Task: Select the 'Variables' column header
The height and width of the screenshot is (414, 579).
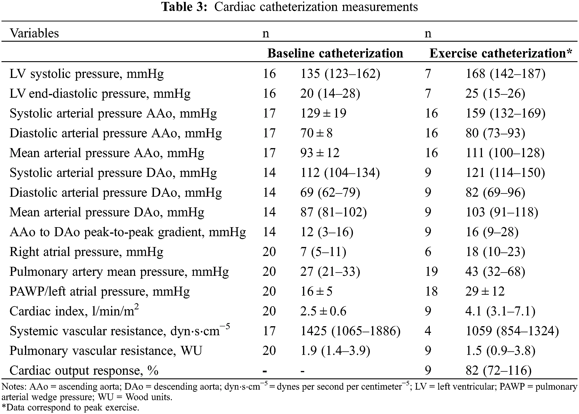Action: click(34, 33)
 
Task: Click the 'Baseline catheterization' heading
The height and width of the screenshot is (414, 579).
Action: click(335, 53)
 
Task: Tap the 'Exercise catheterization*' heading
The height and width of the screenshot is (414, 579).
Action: click(500, 53)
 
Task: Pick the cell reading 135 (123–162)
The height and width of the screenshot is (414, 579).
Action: click(340, 74)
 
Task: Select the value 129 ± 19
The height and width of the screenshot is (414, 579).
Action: click(323, 113)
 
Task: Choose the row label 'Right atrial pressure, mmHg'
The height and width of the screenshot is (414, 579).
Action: click(86, 252)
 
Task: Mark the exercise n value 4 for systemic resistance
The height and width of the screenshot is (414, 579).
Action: click(428, 331)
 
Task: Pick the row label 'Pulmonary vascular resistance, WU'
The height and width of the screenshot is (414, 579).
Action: click(106, 351)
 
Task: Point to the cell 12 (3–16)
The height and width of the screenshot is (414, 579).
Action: click(327, 232)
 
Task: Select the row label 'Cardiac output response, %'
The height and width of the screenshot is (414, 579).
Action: click(84, 370)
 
